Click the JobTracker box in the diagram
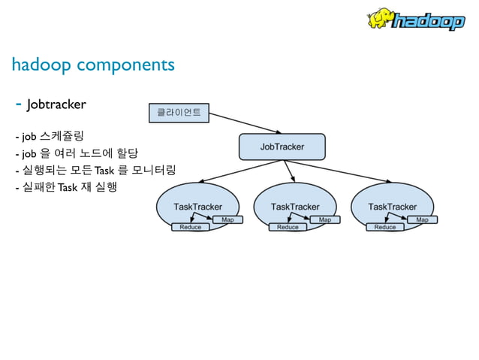click(x=282, y=147)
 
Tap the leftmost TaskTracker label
click(x=197, y=206)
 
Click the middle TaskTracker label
click(x=294, y=206)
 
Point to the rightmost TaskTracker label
click(x=392, y=206)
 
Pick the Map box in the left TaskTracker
click(x=227, y=219)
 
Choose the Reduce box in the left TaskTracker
click(x=191, y=227)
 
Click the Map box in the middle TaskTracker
click(x=324, y=219)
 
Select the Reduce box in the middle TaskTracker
click(x=288, y=227)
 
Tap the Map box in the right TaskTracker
click(x=422, y=219)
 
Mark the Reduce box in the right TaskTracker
click(x=385, y=227)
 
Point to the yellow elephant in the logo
click(x=381, y=18)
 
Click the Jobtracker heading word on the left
click(x=56, y=104)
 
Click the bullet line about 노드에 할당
click(x=76, y=153)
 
